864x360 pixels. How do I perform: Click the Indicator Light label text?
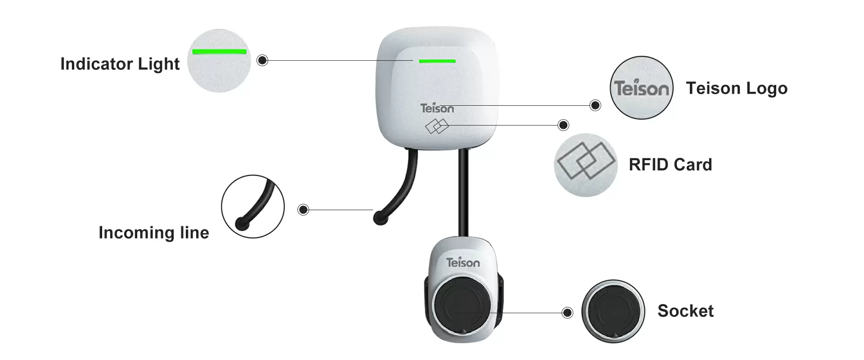(x=120, y=64)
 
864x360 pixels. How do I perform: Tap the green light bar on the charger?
(x=437, y=61)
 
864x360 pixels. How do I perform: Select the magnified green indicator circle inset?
(x=219, y=61)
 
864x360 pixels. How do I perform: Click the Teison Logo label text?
(x=737, y=88)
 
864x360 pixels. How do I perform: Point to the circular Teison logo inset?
(x=641, y=88)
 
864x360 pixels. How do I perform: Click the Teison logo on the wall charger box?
(x=437, y=108)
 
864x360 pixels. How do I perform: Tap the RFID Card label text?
(x=670, y=165)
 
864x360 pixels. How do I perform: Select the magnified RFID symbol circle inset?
(x=585, y=165)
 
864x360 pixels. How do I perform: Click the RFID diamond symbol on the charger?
(x=437, y=126)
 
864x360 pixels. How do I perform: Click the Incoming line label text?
(x=153, y=233)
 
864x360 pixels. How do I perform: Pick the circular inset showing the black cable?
(x=252, y=207)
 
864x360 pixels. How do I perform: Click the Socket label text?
(x=685, y=311)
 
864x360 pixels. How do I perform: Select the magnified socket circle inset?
(x=613, y=311)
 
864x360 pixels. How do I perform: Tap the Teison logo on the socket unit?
(x=463, y=262)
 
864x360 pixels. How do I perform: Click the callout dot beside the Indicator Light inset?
(x=262, y=60)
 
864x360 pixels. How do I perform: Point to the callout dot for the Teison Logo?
(x=595, y=105)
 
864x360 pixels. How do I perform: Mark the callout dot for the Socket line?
(x=567, y=313)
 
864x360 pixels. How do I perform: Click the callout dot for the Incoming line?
(x=303, y=210)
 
